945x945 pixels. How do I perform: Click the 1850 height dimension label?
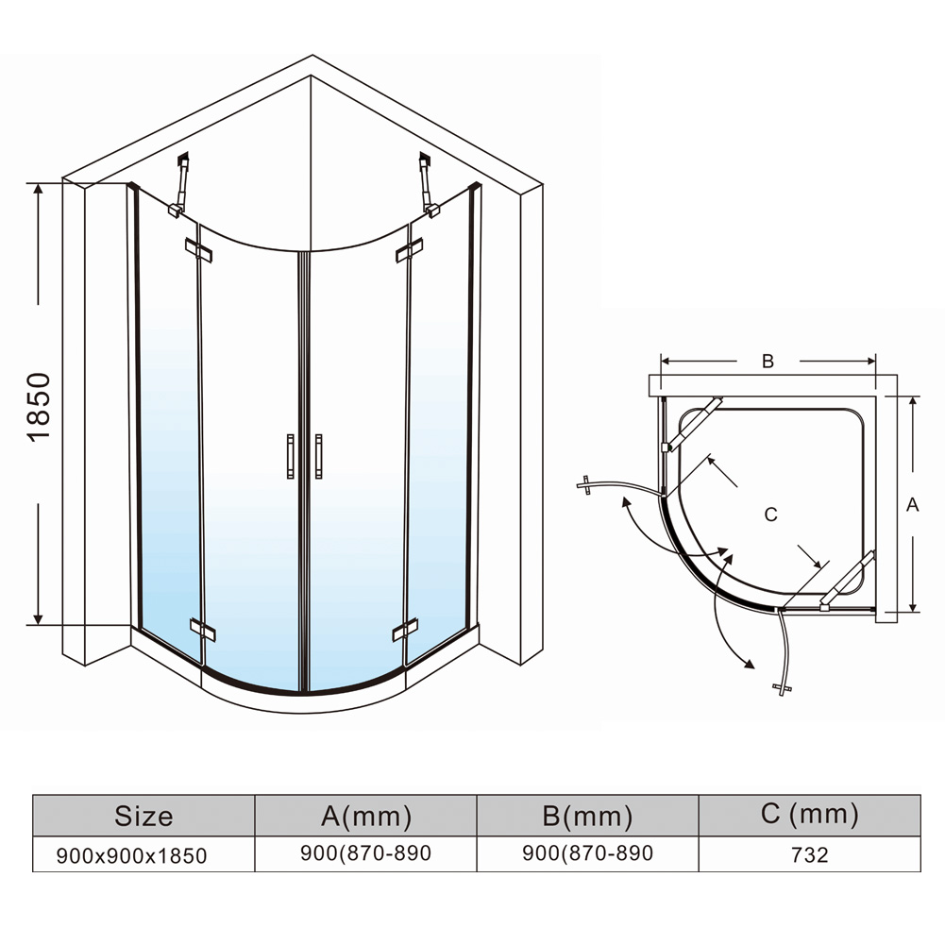coord(40,406)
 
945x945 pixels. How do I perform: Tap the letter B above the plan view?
coord(768,361)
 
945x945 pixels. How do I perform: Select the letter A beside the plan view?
coord(912,505)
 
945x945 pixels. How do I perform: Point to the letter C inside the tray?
coord(770,515)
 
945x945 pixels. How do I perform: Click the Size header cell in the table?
coord(143,815)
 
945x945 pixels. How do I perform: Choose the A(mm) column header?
coord(366,815)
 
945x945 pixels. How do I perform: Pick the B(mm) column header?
coord(587,815)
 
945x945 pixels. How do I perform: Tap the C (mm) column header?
coord(810,814)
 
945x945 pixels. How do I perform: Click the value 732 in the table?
coord(810,855)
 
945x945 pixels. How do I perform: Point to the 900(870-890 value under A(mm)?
coord(365,853)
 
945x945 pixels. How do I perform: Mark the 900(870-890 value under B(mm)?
coord(587,853)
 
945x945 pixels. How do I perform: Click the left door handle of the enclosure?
coord(291,457)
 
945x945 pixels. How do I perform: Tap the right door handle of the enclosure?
coord(319,457)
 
